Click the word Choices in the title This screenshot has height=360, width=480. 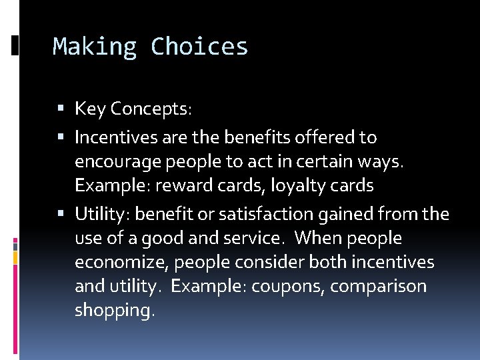click(x=199, y=47)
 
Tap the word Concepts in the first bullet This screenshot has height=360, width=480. click(x=151, y=109)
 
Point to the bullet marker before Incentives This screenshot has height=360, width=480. click(x=62, y=137)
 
